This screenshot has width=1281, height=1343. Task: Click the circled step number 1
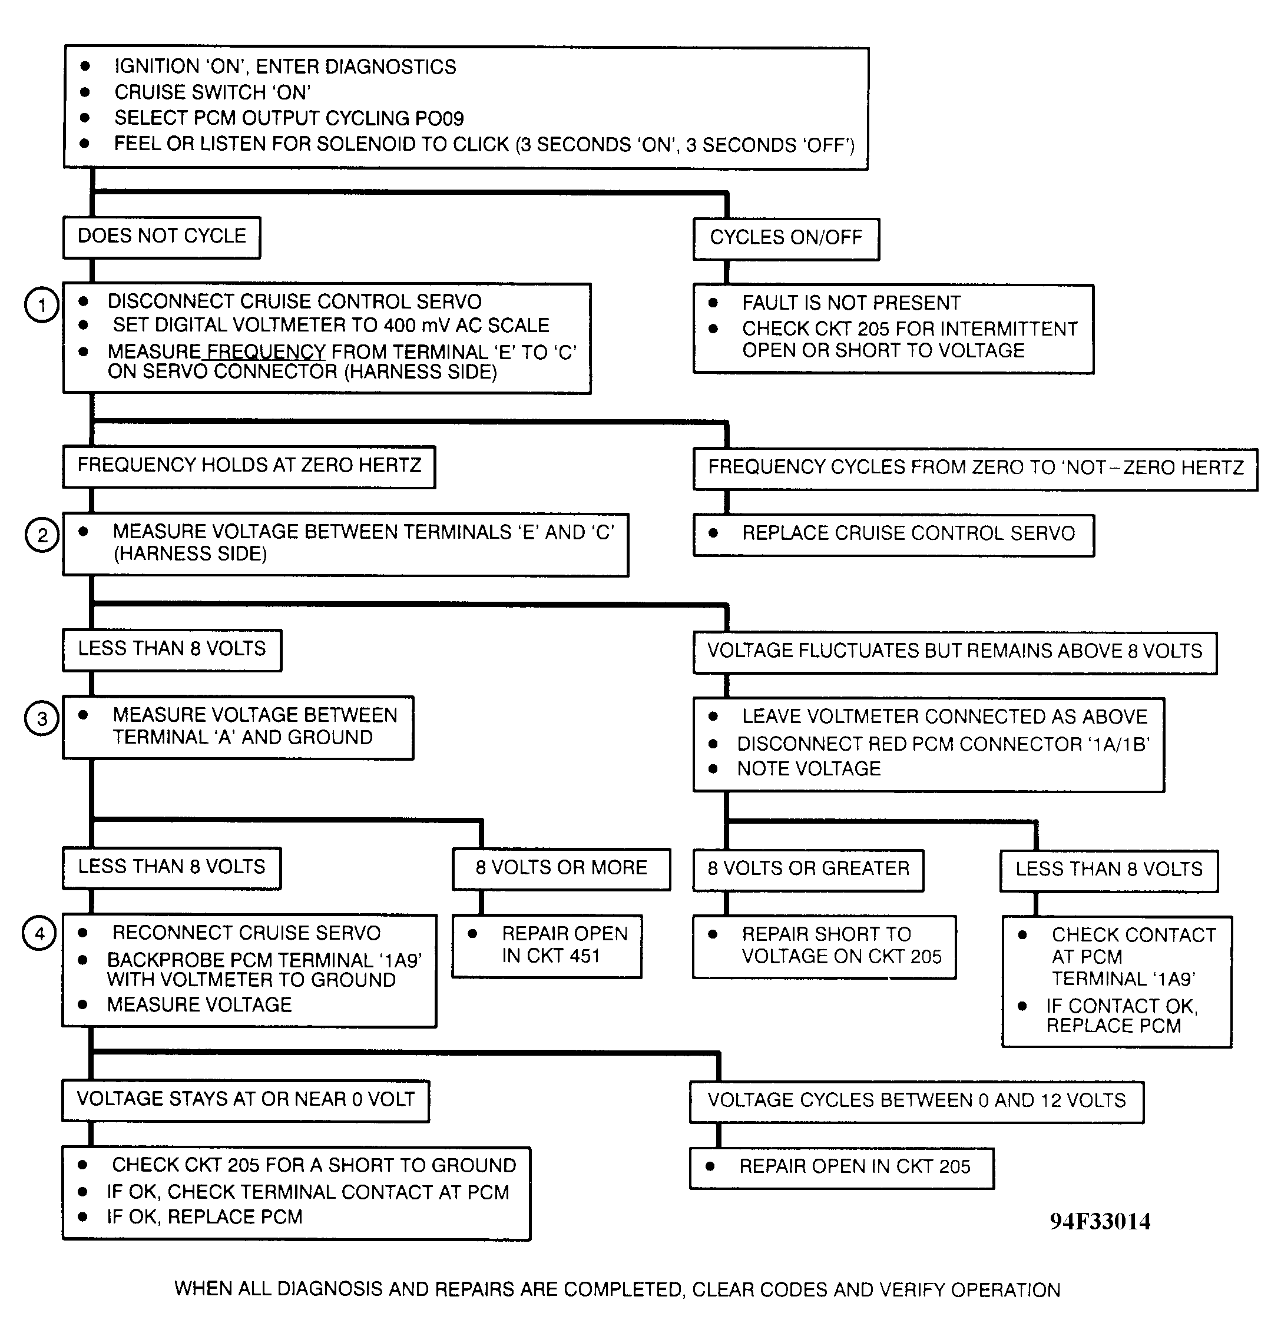(x=42, y=304)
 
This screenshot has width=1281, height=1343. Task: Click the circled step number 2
(x=42, y=535)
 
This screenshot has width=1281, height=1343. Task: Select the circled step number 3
(x=42, y=718)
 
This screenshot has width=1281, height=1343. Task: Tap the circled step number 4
(x=39, y=933)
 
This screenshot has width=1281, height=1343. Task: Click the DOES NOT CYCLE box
(x=162, y=237)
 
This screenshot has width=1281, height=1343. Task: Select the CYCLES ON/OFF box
(x=786, y=238)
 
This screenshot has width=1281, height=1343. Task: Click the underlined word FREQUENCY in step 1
(x=266, y=352)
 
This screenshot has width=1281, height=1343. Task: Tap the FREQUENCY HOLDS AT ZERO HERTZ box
(x=249, y=466)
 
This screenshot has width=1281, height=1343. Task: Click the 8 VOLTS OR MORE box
(x=561, y=868)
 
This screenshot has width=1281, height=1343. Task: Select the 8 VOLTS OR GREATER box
(x=808, y=869)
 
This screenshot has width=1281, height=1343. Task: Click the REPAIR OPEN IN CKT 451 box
(x=547, y=945)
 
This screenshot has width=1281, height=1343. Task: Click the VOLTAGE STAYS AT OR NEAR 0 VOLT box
(x=245, y=1100)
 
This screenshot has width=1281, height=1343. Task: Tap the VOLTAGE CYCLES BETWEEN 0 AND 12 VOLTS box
(x=916, y=1101)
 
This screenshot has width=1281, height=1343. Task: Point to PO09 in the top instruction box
(x=439, y=119)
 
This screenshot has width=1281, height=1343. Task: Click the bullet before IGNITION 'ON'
(x=85, y=66)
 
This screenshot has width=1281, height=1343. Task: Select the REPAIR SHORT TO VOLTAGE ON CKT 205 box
(x=824, y=946)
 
